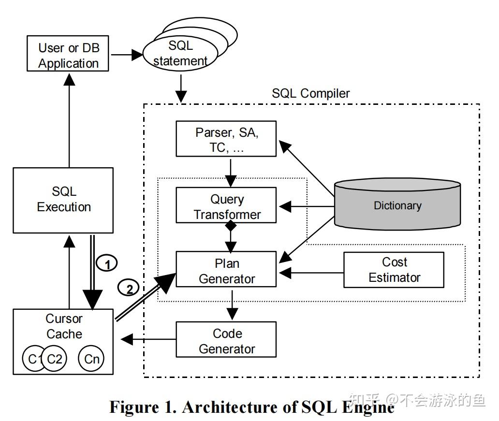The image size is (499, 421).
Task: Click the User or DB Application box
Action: [x=68, y=54]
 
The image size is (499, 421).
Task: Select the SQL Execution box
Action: [x=63, y=201]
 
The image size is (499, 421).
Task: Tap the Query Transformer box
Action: [x=226, y=205]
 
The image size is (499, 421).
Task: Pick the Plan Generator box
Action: [x=226, y=269]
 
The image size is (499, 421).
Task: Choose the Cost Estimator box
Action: [x=394, y=270]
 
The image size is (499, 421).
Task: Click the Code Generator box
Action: [x=226, y=339]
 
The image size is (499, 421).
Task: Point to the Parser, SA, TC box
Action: [x=226, y=138]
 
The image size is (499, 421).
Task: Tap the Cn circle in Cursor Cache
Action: [x=91, y=359]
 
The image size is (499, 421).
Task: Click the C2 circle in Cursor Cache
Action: [x=55, y=359]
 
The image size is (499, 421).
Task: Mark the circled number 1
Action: [x=107, y=263]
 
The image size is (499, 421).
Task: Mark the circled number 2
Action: [x=129, y=288]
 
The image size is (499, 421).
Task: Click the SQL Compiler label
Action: [x=310, y=93]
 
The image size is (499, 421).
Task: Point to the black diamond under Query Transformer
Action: [x=231, y=226]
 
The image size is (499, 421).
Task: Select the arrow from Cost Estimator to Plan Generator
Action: [x=311, y=273]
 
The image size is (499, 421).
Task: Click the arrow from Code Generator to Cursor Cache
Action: [x=148, y=339]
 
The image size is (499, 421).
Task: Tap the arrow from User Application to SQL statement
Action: [x=127, y=55]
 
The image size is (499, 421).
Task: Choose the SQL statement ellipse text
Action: [x=180, y=53]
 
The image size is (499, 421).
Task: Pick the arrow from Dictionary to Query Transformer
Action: [x=307, y=206]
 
